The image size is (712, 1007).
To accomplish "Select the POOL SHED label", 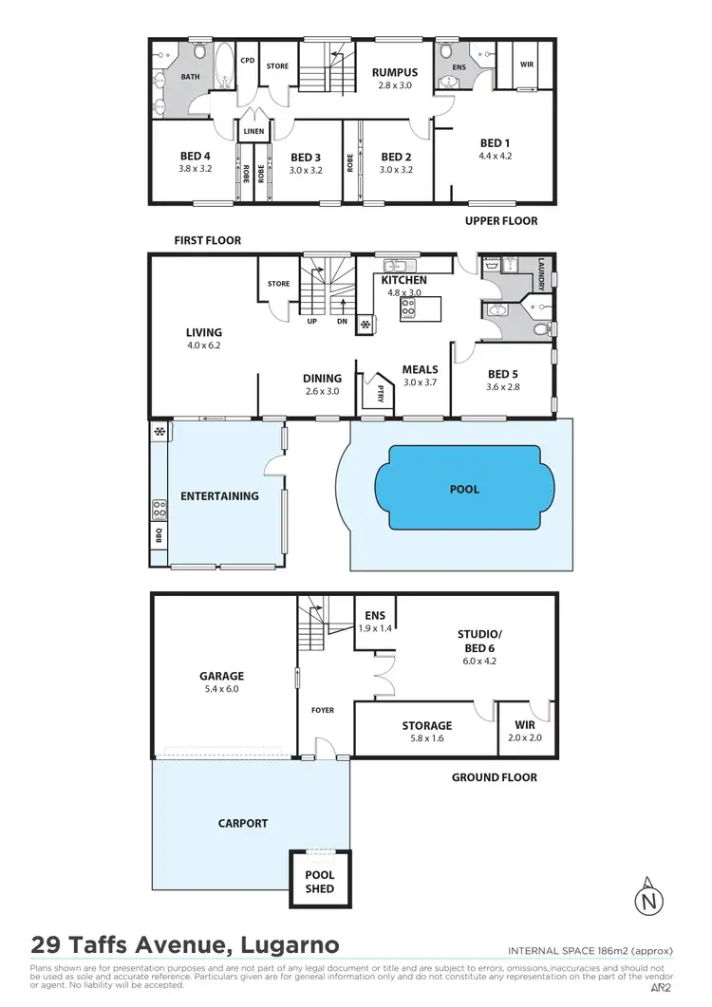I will [x=319, y=883].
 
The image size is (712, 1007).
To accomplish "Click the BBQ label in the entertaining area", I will [x=158, y=536].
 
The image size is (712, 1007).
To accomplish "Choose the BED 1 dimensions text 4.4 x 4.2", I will [x=495, y=157].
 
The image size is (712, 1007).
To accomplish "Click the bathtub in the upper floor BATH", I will [x=224, y=71].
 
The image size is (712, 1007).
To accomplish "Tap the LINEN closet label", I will [x=253, y=131].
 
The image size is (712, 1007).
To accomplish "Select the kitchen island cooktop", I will [x=409, y=308].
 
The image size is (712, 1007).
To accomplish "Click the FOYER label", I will [x=322, y=709].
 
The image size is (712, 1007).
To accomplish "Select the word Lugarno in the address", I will [x=284, y=945].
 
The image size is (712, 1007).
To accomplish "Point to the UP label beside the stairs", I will [x=311, y=321].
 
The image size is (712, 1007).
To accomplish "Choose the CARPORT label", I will [x=243, y=824].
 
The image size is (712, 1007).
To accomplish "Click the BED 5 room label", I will [x=502, y=375].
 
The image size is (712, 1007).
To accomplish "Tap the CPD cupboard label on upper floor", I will [x=247, y=61].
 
